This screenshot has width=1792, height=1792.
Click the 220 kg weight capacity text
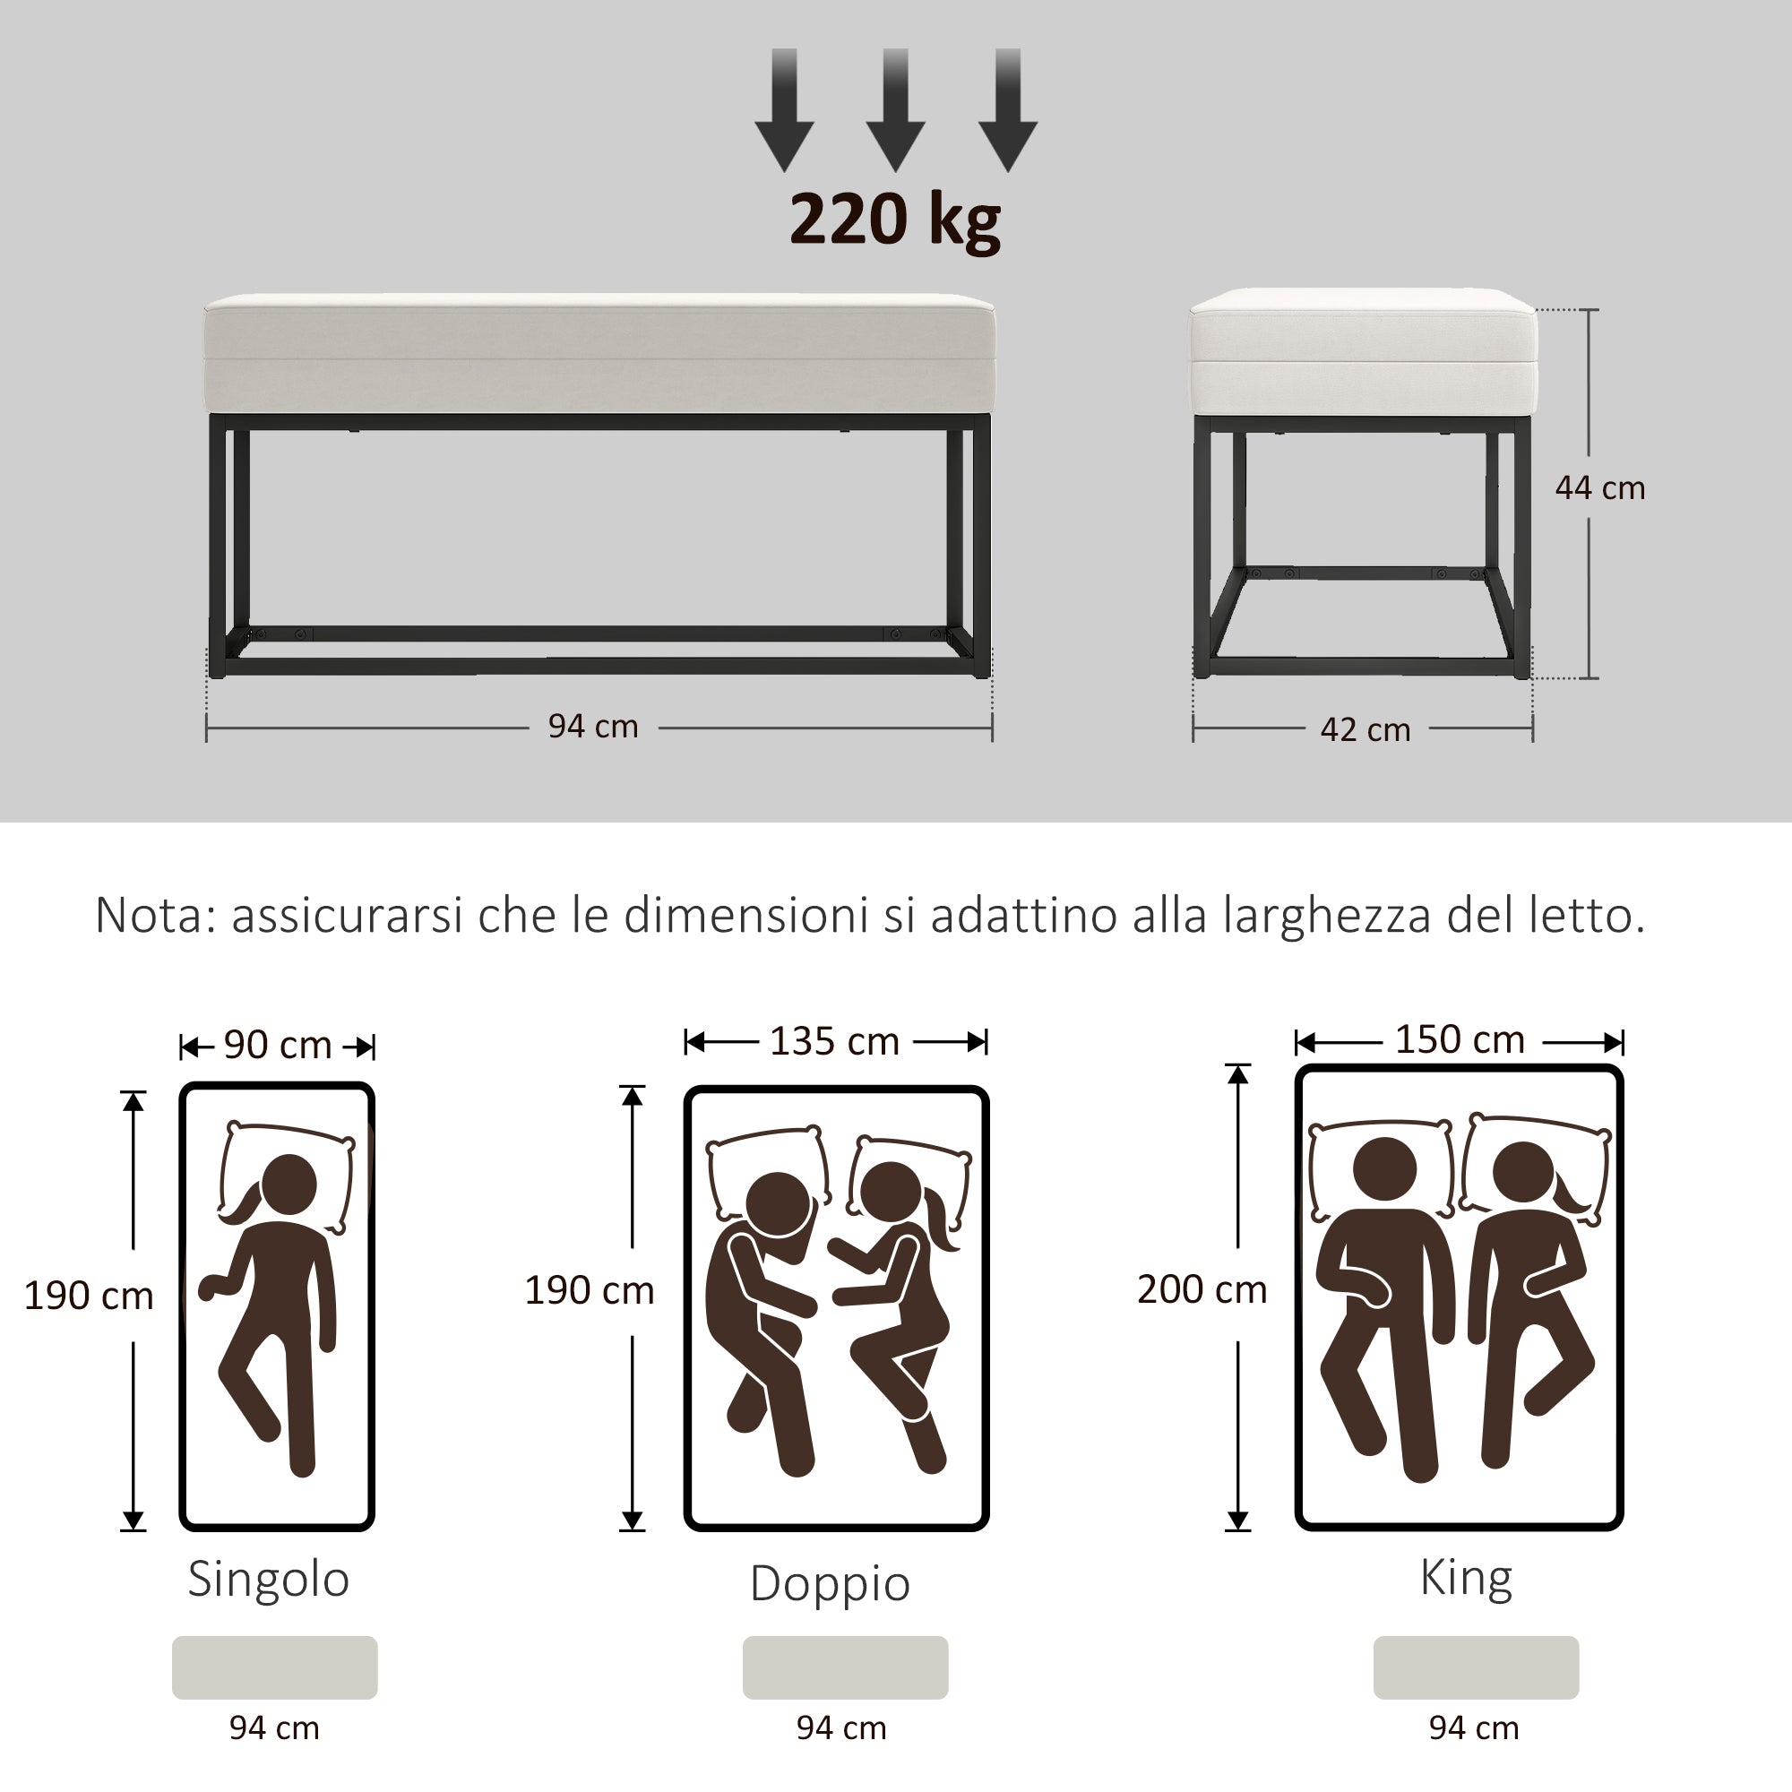click(894, 220)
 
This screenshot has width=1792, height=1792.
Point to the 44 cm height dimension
click(1600, 488)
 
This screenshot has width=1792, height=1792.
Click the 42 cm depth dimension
click(1365, 730)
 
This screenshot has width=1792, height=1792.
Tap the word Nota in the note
click(154, 916)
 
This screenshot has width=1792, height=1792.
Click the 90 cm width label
click(278, 1046)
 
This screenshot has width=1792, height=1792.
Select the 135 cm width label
click(834, 1042)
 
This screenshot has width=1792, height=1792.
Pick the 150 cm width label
click(1459, 1039)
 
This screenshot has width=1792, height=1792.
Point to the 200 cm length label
click(1202, 1289)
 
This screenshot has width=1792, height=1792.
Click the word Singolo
click(268, 1578)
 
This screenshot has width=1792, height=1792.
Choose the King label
click(1466, 1576)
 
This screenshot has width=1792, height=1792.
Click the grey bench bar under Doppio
click(845, 1667)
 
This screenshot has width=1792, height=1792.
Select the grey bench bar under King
click(1476, 1667)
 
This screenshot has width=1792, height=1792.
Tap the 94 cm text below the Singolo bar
click(274, 1728)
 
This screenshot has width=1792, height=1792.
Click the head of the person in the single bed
click(289, 1185)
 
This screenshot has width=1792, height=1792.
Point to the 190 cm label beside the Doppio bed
click(589, 1290)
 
